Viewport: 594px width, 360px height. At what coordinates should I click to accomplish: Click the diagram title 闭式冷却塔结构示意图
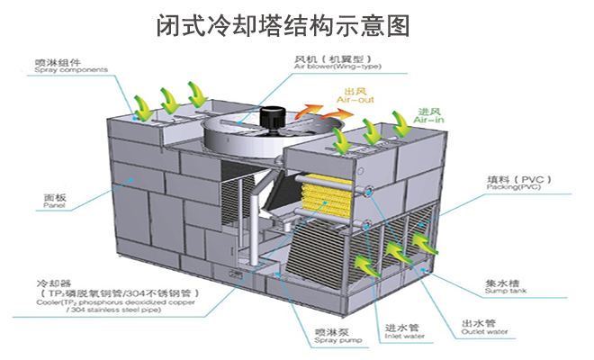(x=297, y=25)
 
